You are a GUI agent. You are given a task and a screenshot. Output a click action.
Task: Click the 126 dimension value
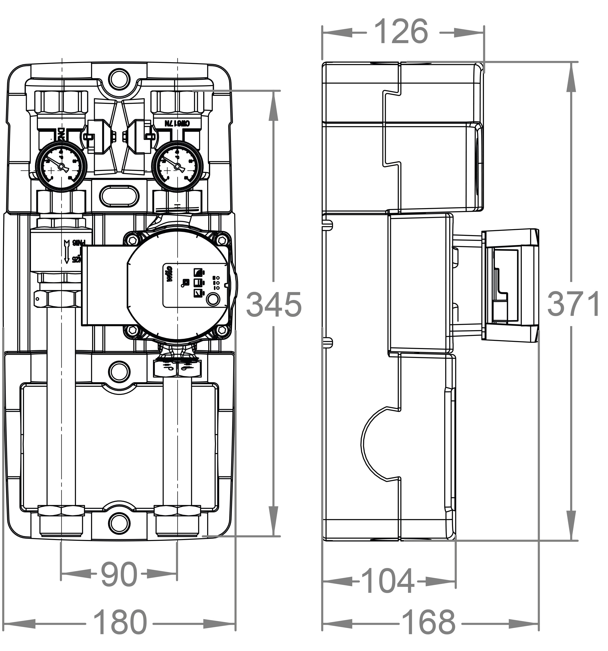[x=401, y=31]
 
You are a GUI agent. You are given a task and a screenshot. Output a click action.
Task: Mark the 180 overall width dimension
[x=120, y=622]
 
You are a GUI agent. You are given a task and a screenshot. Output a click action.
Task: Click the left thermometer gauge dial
[x=61, y=166]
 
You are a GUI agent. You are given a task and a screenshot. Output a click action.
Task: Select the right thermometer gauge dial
[x=177, y=166]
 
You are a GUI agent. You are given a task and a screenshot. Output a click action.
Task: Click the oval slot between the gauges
[x=119, y=196]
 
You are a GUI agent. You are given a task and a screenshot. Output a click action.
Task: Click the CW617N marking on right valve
[x=177, y=123]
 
